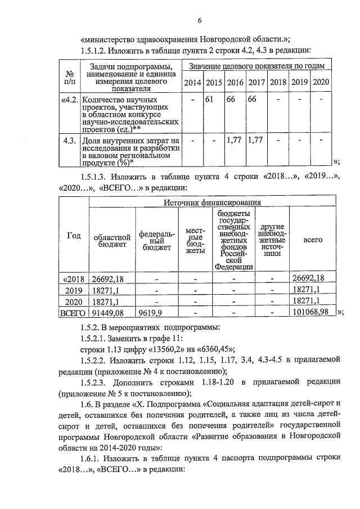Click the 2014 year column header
pos(193,83)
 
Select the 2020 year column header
pos(320,83)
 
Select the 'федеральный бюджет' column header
pos(157,239)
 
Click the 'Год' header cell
pos(74,236)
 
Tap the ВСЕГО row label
pos(74,313)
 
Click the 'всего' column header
pos(313,239)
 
